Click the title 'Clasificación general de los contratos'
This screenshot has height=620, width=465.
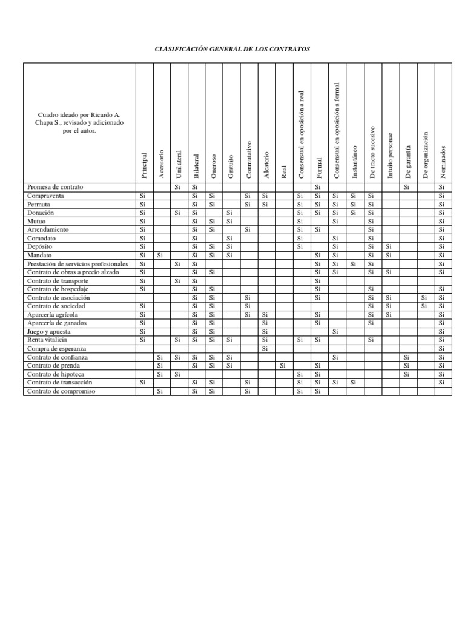click(x=232, y=48)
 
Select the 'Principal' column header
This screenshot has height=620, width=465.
click(x=144, y=165)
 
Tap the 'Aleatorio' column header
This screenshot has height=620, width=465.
click(x=266, y=164)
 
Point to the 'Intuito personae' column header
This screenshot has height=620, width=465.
click(x=390, y=155)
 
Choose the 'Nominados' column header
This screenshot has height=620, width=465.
click(x=443, y=161)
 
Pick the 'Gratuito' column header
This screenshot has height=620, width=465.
click(x=231, y=166)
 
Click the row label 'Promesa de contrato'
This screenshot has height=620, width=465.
click(x=55, y=187)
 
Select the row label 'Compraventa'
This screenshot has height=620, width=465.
click(x=46, y=196)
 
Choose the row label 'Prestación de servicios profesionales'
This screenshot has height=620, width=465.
click(x=78, y=264)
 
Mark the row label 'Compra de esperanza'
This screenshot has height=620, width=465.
click(x=57, y=349)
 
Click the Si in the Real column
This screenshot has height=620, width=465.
click(x=283, y=366)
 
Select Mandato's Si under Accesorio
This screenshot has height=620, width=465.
click(x=160, y=256)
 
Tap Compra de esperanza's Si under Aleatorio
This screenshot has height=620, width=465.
click(x=265, y=349)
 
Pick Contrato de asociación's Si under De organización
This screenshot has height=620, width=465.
click(x=424, y=298)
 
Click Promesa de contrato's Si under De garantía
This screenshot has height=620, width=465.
click(x=407, y=187)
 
